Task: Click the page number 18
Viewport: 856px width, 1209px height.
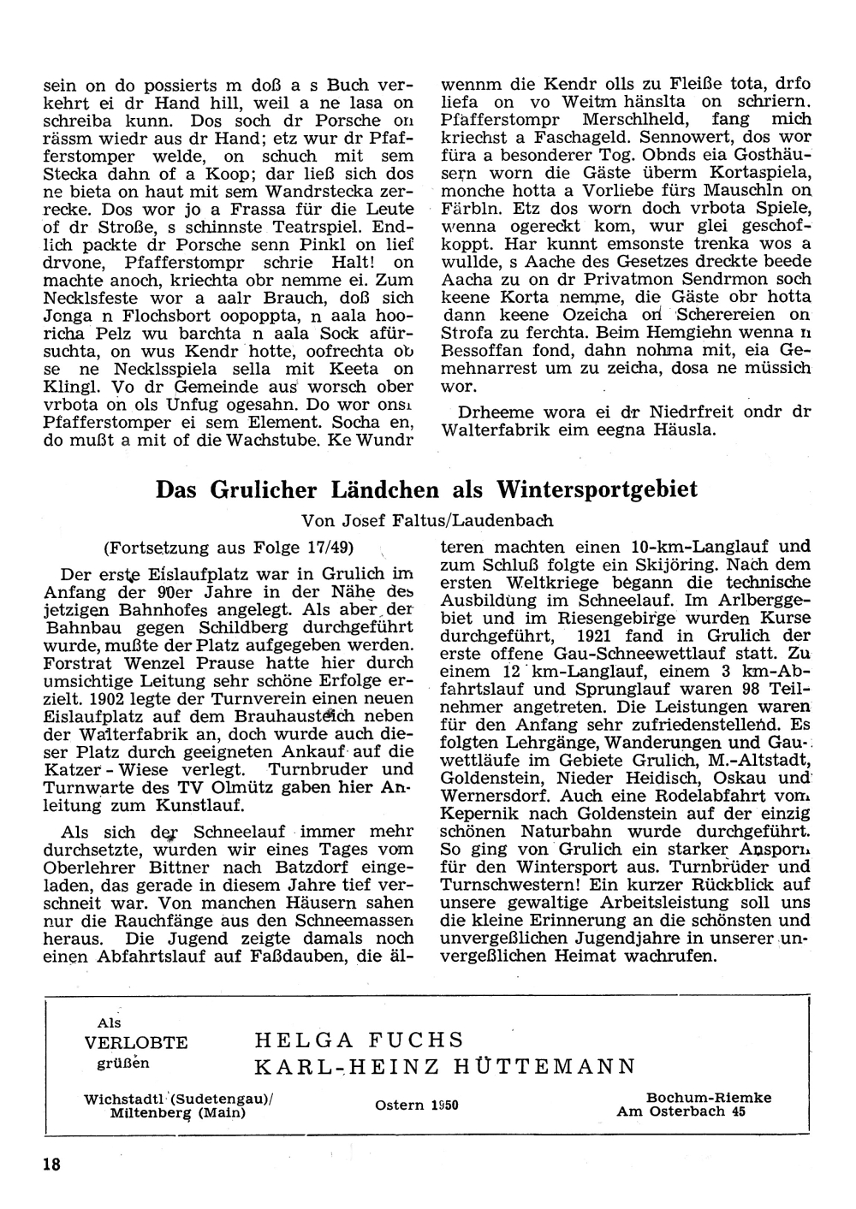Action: [x=51, y=1165]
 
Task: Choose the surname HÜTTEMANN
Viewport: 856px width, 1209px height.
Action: [x=547, y=1066]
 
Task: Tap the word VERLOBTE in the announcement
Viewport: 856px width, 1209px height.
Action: [x=136, y=1043]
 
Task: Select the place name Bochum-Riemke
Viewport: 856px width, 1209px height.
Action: [x=709, y=1097]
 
